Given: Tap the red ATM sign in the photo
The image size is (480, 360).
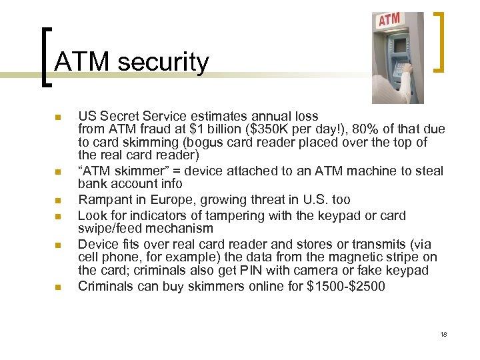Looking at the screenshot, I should [389, 20].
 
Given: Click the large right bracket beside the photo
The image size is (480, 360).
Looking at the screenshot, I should [439, 41].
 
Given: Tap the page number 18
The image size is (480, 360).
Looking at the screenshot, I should [443, 334].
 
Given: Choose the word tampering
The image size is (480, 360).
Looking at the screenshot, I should [229, 215].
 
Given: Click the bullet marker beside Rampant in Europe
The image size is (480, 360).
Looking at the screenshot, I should [59, 200].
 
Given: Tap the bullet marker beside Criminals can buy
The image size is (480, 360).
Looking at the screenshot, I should [59, 287].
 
